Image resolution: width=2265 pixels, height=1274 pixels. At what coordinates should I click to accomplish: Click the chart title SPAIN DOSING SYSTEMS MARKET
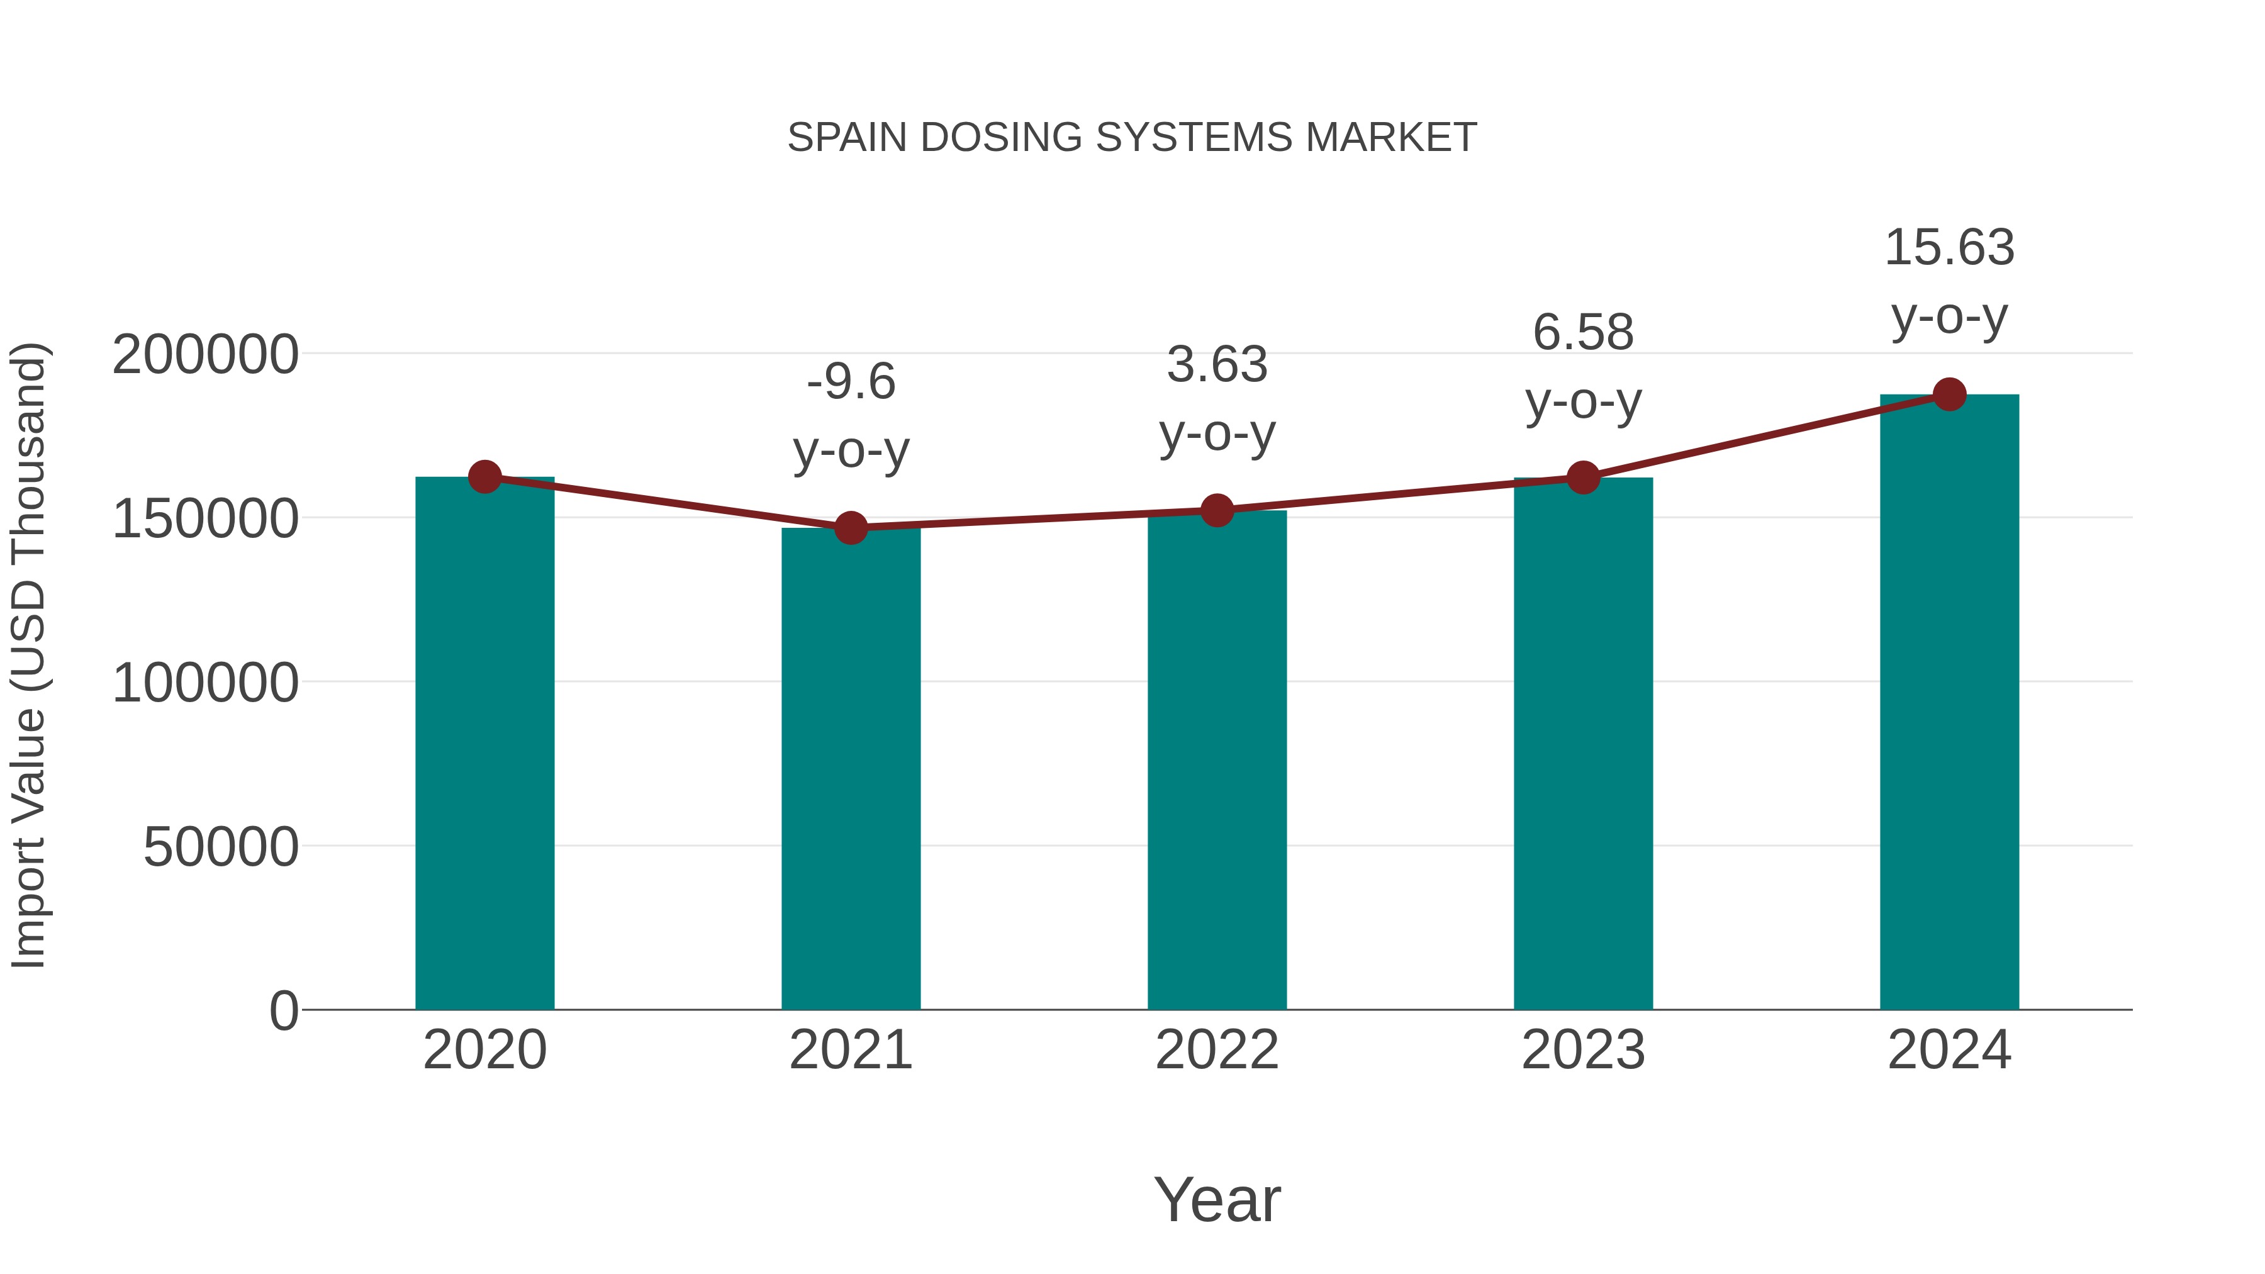tap(1132, 138)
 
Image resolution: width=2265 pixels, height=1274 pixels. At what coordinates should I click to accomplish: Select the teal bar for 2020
tap(484, 747)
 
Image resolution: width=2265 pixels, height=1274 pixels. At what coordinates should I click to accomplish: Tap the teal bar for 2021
tap(850, 774)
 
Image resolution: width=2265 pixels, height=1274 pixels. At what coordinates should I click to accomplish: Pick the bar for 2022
tap(1217, 765)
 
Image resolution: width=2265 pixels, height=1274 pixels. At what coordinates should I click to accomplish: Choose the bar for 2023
tap(1583, 747)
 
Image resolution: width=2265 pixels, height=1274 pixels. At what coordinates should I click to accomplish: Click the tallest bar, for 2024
tap(1949, 703)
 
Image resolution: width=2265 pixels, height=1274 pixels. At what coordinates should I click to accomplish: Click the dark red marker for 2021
tap(850, 528)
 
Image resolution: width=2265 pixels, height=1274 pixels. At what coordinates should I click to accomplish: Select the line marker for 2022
tap(1217, 510)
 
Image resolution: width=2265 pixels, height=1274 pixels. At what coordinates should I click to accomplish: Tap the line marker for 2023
tap(1583, 478)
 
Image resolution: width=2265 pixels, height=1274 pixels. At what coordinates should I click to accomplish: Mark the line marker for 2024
tap(1949, 394)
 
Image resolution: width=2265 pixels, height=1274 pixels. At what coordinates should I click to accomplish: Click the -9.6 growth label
tap(850, 383)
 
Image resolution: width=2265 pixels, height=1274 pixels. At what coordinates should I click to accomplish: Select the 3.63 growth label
tap(1217, 365)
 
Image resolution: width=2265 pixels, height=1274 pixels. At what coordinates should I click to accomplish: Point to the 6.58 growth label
tap(1583, 333)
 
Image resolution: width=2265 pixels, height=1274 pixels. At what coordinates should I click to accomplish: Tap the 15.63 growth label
tap(1949, 248)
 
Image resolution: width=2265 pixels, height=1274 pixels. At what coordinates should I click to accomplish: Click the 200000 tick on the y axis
tap(206, 355)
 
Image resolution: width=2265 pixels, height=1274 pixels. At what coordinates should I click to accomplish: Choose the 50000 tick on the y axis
tap(221, 847)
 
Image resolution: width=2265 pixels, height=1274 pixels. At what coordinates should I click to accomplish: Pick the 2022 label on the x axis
tap(1217, 1050)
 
